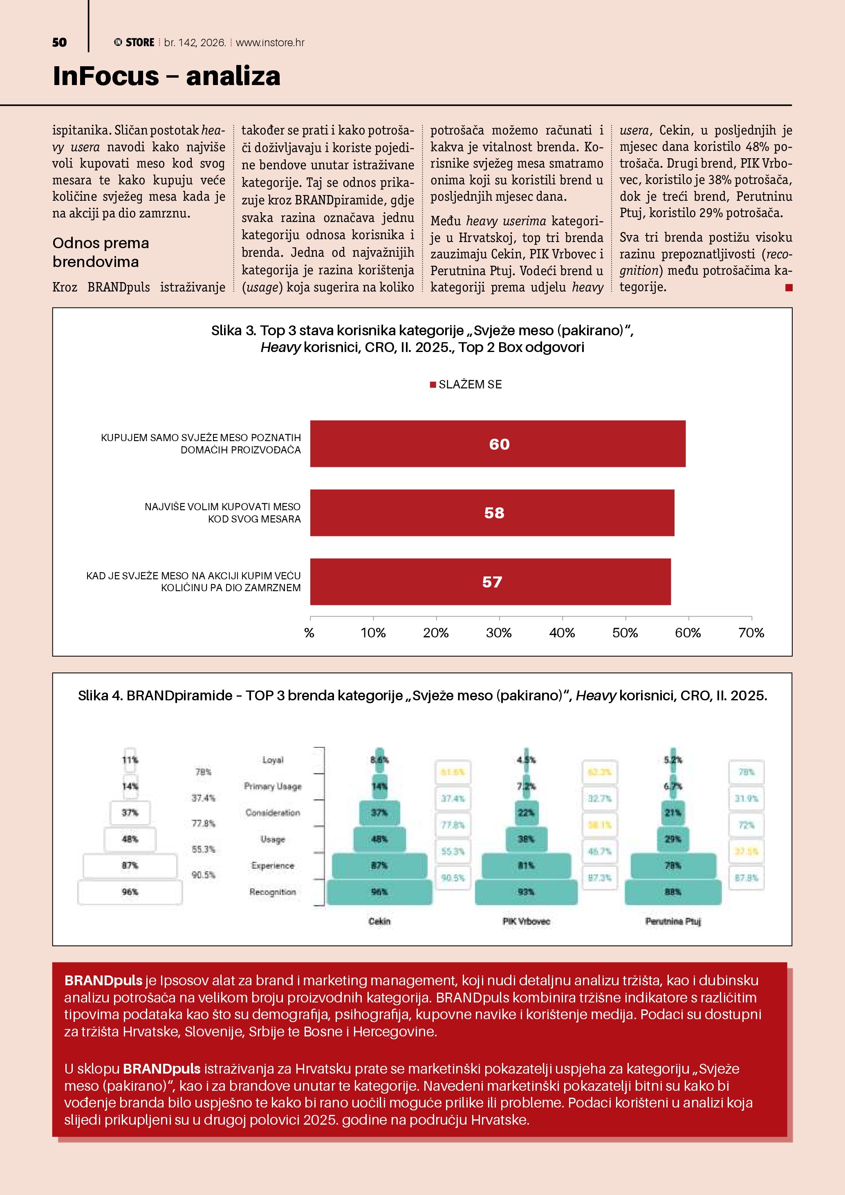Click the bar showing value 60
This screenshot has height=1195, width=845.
498,444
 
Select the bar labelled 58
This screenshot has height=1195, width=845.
492,513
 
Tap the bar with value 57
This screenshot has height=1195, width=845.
490,582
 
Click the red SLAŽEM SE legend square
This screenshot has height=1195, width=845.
433,385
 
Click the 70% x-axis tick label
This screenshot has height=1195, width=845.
751,633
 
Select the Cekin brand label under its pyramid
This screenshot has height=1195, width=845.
379,921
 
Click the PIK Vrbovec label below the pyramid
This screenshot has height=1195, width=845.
526,921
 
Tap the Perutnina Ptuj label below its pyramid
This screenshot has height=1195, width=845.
673,921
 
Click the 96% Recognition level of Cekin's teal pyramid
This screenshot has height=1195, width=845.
379,892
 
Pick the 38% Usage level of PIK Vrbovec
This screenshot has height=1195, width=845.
526,839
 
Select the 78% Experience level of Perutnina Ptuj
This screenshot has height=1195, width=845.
673,865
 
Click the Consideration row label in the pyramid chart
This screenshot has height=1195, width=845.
273,812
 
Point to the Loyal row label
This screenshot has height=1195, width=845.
273,760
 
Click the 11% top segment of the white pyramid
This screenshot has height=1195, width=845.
130,760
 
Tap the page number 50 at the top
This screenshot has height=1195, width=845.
59,43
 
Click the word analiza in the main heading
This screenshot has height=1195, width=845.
233,76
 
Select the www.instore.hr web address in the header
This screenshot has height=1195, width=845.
270,43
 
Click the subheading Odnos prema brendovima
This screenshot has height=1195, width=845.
101,252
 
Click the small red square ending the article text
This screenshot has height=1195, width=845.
789,288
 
